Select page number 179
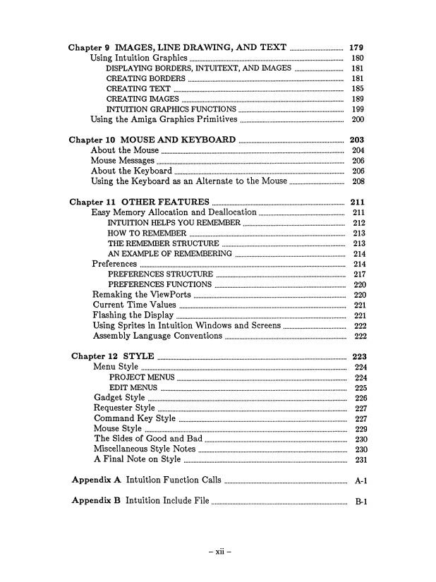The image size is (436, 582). tap(357, 47)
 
